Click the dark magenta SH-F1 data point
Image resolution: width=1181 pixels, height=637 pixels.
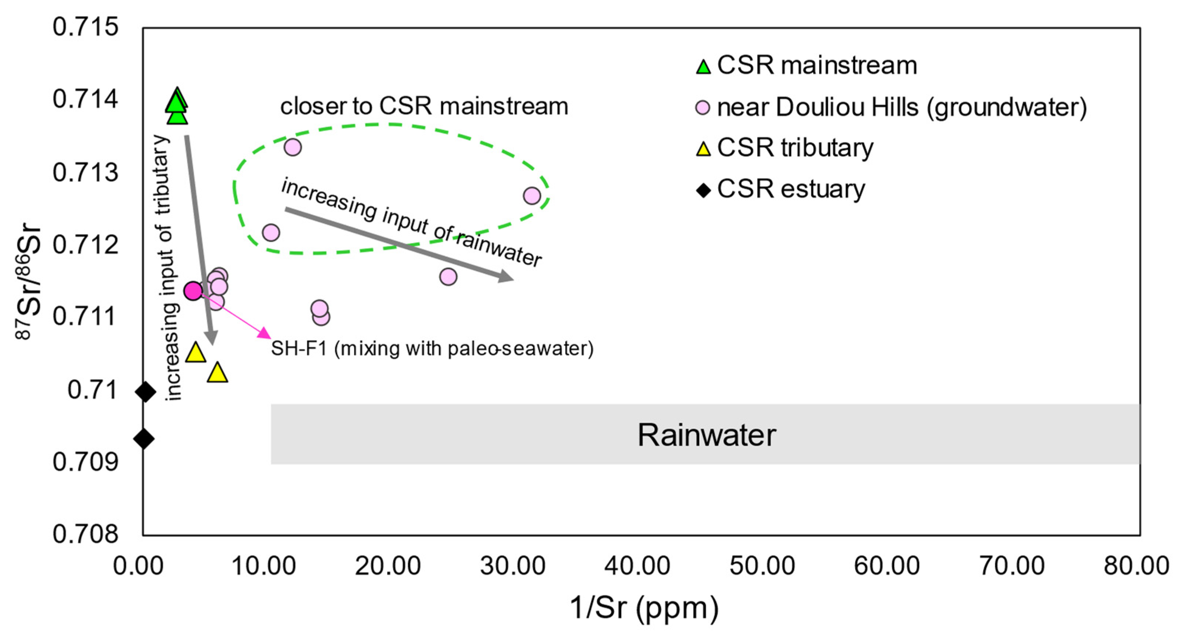pos(193,291)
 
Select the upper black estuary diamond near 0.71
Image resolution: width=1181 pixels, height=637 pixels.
pos(146,391)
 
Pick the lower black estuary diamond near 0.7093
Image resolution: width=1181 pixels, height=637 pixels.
pos(144,438)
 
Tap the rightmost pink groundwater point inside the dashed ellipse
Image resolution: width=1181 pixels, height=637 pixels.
pos(531,196)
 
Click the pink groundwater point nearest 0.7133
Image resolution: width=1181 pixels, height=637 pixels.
pos(292,147)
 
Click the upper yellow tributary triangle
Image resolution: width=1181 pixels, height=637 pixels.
pos(196,352)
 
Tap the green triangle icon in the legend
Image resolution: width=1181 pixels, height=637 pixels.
pos(703,67)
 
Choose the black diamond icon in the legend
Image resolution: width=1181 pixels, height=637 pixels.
pos(703,190)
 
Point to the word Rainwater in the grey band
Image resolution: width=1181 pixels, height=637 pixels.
pos(707,435)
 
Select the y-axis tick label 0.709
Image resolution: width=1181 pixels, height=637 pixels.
pos(86,462)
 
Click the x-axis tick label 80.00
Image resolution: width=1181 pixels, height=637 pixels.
pos(1136,566)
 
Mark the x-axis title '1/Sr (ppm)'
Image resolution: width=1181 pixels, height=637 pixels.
pos(644,608)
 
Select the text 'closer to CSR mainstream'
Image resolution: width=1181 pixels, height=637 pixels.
pos(424,106)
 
